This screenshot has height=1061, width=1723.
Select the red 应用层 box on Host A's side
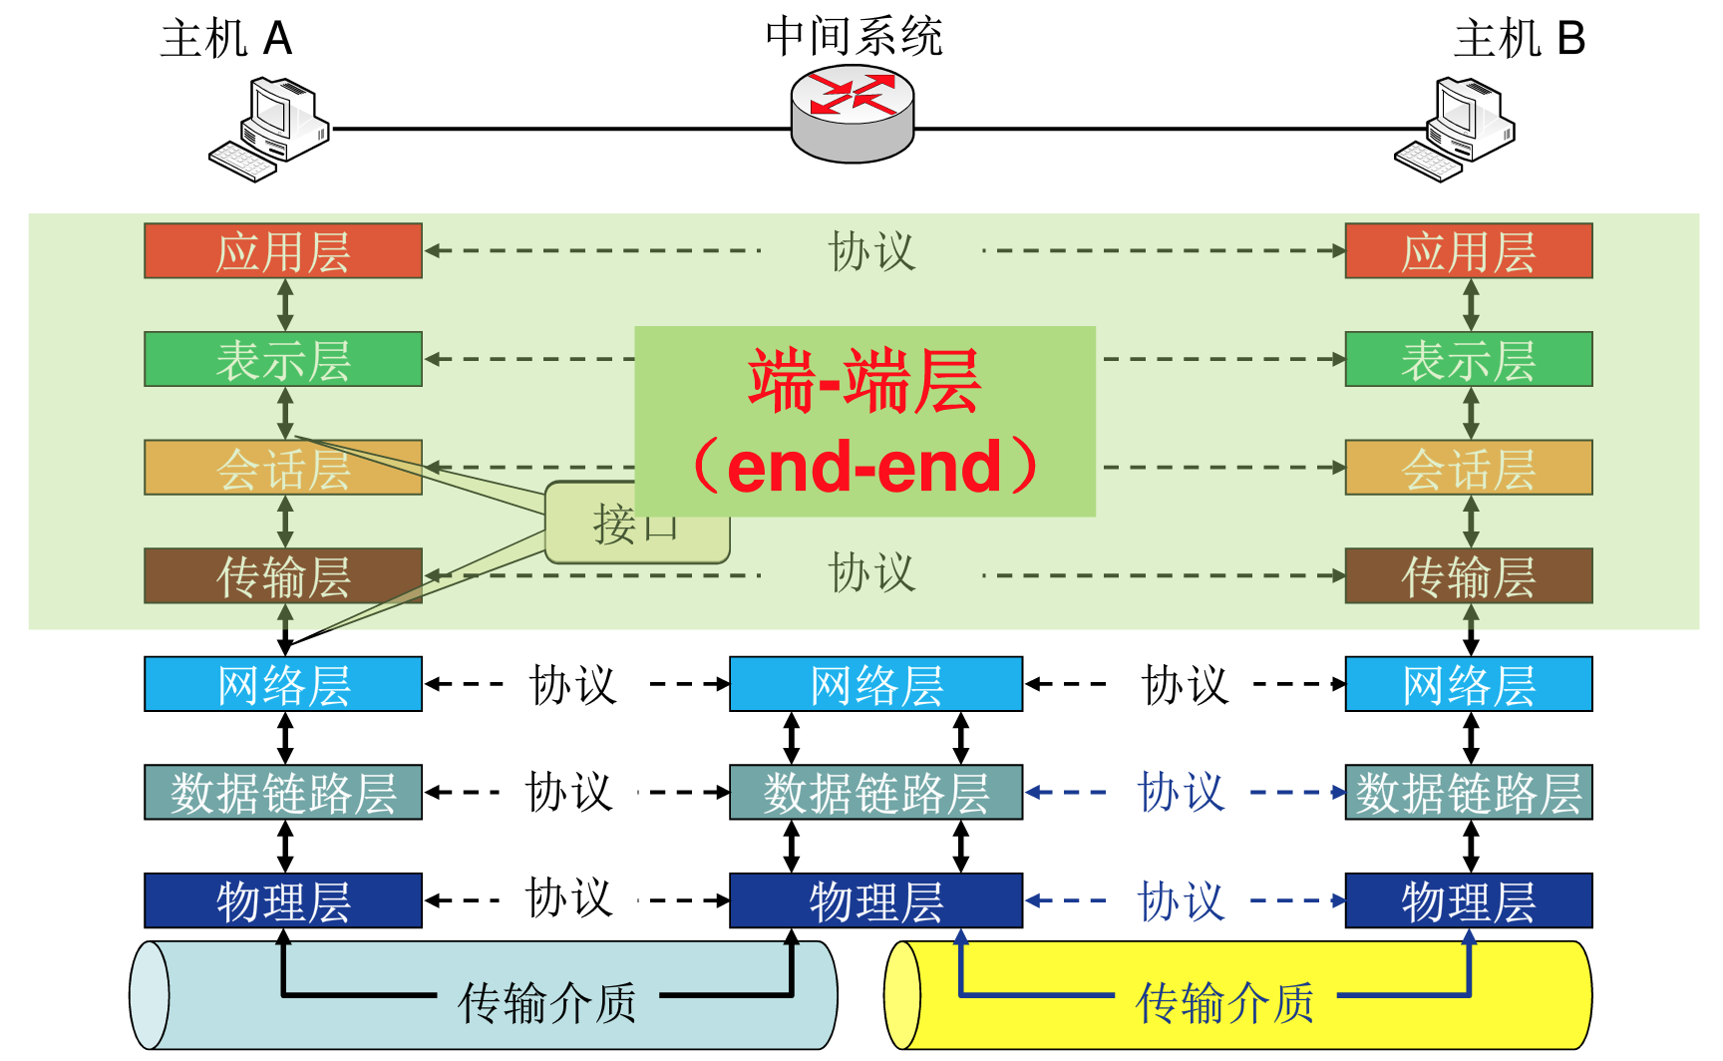pyautogui.click(x=283, y=251)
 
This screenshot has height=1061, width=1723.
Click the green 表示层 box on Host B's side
pyautogui.click(x=1468, y=359)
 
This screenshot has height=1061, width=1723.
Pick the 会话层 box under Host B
pyautogui.click(x=1468, y=468)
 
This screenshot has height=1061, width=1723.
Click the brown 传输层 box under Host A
pyautogui.click(x=283, y=576)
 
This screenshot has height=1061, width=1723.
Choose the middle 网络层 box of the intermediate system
pyautogui.click(x=875, y=684)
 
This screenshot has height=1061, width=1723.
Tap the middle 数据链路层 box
pyautogui.click(x=875, y=793)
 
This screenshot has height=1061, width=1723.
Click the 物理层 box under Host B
pyautogui.click(x=1468, y=900)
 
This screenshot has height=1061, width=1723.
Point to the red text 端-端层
pyautogui.click(x=864, y=381)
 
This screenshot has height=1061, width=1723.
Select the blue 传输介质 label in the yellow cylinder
pyautogui.click(x=1224, y=1001)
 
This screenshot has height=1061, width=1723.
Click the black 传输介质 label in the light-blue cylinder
pyautogui.click(x=547, y=1001)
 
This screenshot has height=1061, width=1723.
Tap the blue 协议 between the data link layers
pyautogui.click(x=1182, y=793)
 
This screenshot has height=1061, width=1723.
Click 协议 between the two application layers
pyautogui.click(x=870, y=251)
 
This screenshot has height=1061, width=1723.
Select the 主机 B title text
pyautogui.click(x=1519, y=39)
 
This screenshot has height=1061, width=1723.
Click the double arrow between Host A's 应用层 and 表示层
pyautogui.click(x=285, y=304)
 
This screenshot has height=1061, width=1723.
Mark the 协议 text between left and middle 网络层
pyautogui.click(x=573, y=685)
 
